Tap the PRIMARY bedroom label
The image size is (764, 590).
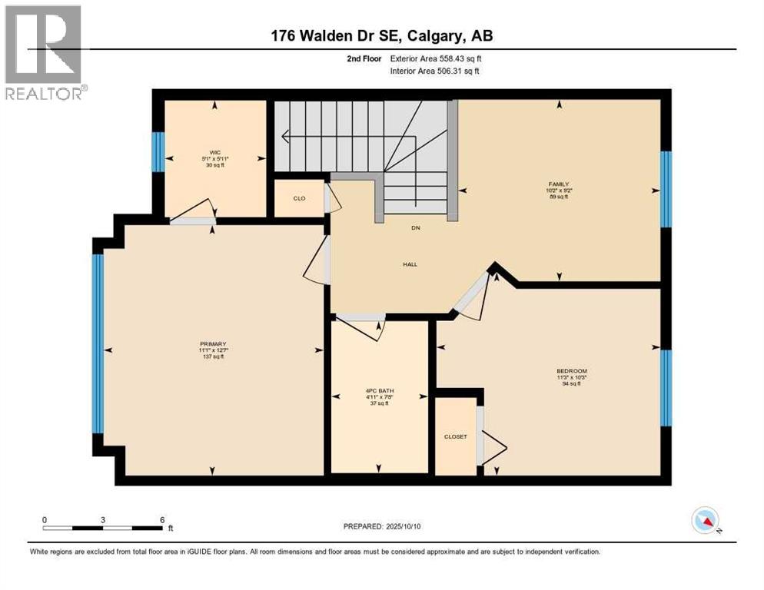tap(212, 344)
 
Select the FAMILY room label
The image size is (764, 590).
tap(558, 184)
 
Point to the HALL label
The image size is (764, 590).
tap(410, 264)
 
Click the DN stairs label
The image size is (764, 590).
tap(416, 228)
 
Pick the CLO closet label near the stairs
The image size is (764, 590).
tap(299, 199)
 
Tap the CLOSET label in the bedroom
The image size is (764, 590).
tap(455, 436)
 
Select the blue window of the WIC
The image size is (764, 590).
tap(158, 152)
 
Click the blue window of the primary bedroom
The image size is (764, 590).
tap(98, 343)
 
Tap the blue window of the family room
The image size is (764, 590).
tap(666, 189)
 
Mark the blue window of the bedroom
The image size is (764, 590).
tap(666, 388)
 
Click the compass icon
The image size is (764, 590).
tap(705, 520)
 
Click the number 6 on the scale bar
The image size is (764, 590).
tap(162, 519)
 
